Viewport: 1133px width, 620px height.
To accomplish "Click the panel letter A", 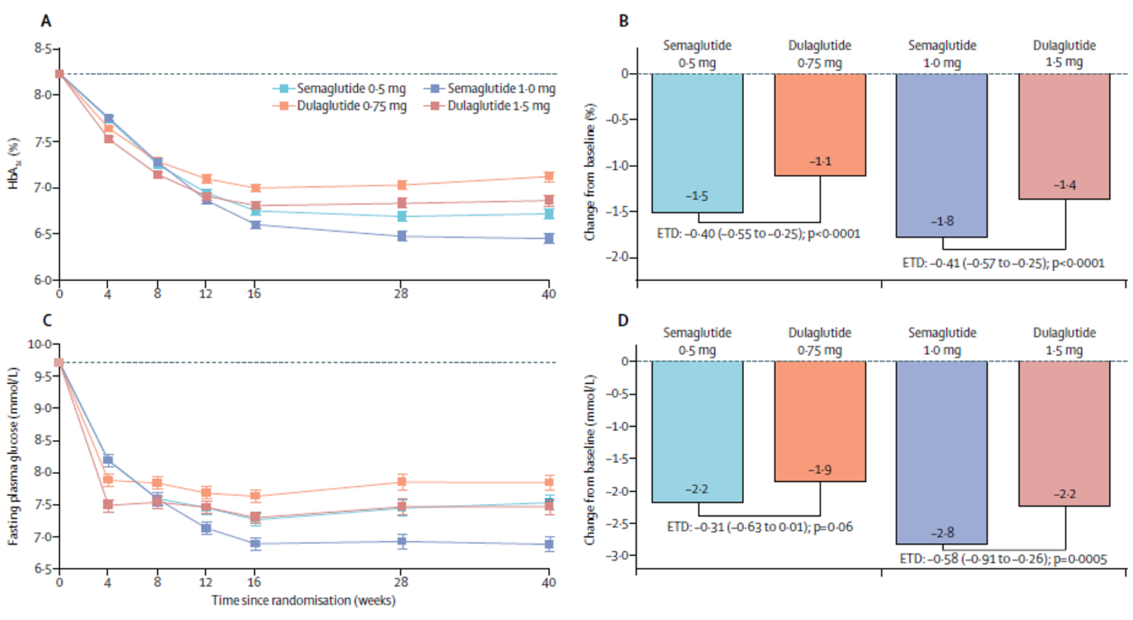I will pos(46,21).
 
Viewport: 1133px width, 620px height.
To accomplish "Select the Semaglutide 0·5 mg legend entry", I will pos(340,88).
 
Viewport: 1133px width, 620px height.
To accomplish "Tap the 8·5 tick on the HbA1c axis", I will pos(43,50).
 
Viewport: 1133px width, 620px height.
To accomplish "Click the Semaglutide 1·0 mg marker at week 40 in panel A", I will pos(548,238).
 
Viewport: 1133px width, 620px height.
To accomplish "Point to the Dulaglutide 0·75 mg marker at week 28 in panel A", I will pos(401,185).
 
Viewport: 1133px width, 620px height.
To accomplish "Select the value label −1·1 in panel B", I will pos(820,161).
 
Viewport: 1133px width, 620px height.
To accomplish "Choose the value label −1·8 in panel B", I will pos(942,221).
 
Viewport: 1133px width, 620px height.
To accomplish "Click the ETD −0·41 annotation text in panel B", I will pos(1003,263).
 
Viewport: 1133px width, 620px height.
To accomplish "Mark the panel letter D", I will pos(624,320).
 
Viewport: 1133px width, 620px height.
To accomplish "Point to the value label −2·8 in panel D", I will pos(942,533).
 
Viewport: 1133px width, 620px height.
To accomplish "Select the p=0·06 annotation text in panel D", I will pos(834,526).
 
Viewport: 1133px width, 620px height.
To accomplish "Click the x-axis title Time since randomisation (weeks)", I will pos(303,600).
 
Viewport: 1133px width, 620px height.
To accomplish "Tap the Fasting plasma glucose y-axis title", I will pos(14,455).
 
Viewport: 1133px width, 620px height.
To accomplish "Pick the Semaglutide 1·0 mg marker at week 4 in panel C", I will pos(108,460).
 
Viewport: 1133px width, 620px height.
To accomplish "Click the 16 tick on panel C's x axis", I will pos(254,583).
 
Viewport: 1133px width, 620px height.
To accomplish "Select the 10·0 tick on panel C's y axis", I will pos(40,344).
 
